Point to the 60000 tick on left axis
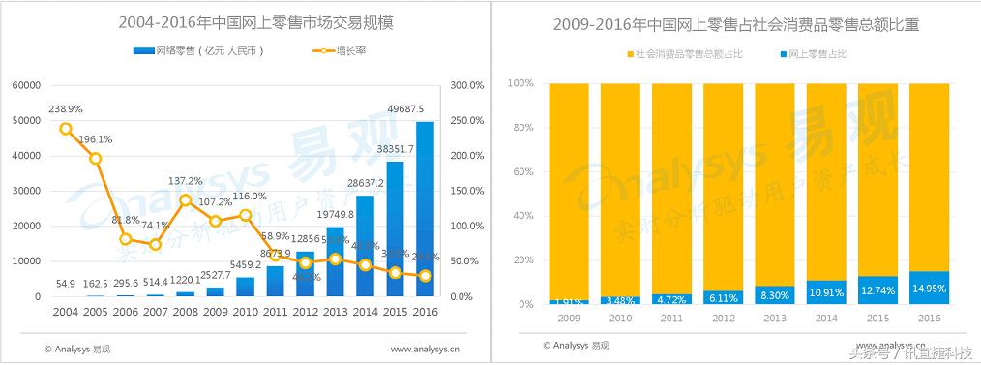click(x=23, y=85)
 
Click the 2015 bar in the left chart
click(x=395, y=228)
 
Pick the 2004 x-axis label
click(x=65, y=313)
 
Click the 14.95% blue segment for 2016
click(x=929, y=288)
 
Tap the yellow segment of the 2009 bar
click(x=568, y=189)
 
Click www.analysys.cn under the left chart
click(x=425, y=348)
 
